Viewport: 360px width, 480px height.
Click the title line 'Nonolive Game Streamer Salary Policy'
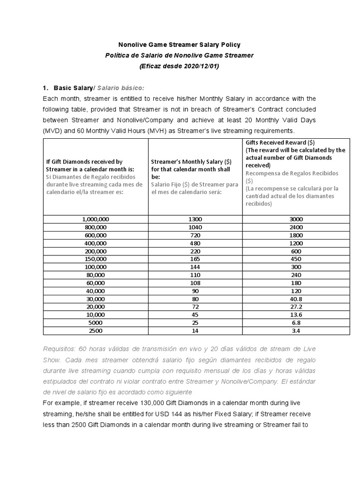point(180,45)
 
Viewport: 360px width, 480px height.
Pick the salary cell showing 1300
point(195,219)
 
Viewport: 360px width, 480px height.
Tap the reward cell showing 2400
point(296,227)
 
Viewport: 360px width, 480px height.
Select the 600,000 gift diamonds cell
point(95,235)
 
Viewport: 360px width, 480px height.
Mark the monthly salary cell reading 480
point(195,243)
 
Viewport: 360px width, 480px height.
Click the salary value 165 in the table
point(195,259)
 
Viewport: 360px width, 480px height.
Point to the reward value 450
point(296,259)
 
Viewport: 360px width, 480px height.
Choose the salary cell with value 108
point(195,283)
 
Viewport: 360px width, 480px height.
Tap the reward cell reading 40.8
point(296,299)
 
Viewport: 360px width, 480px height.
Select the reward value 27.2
point(296,307)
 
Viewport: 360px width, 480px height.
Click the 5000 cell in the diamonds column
point(95,322)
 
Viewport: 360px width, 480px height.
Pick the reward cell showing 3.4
point(296,330)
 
